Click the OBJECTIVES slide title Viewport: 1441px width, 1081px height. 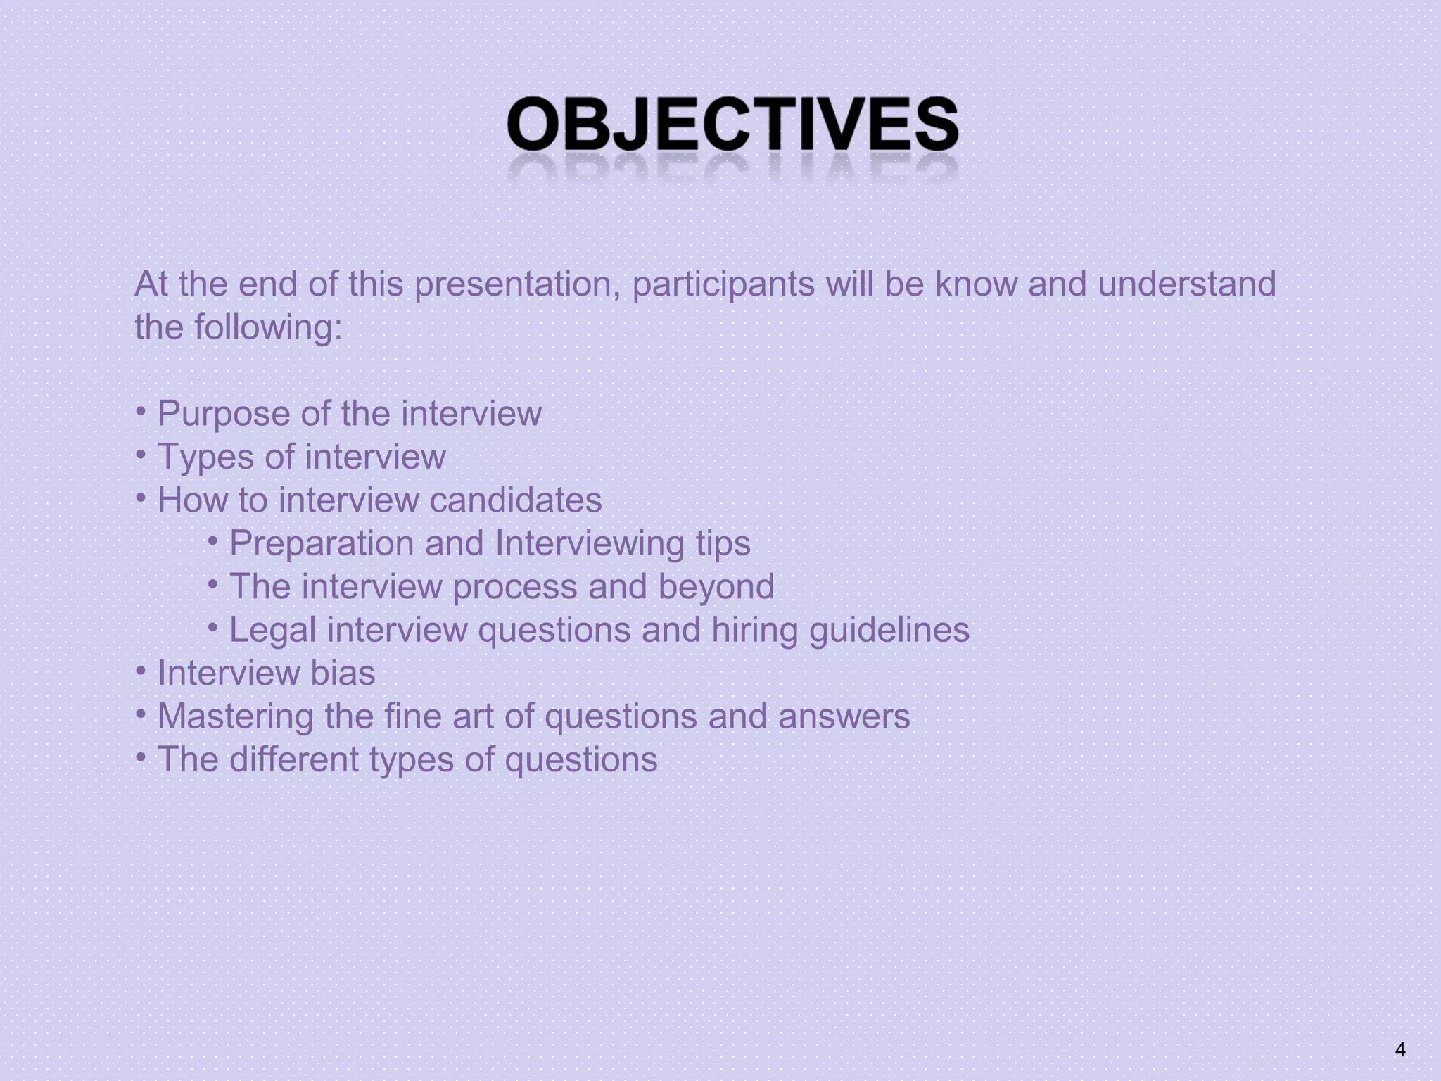(x=732, y=125)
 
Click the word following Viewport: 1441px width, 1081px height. (x=267, y=328)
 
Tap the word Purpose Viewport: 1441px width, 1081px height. (x=222, y=414)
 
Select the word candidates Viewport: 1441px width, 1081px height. (x=516, y=500)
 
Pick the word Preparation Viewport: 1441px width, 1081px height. (x=321, y=544)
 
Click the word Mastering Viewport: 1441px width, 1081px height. (x=236, y=717)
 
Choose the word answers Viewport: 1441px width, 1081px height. (x=844, y=716)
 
